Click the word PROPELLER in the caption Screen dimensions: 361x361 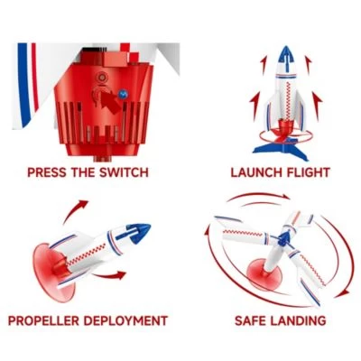[x=49, y=320]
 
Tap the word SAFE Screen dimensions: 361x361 [x=255, y=320]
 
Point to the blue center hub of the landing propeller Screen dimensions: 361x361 [x=282, y=238]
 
